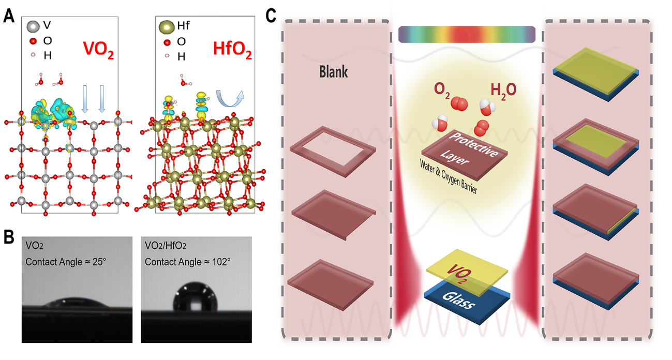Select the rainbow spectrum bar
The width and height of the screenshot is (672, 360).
pyautogui.click(x=467, y=35)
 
